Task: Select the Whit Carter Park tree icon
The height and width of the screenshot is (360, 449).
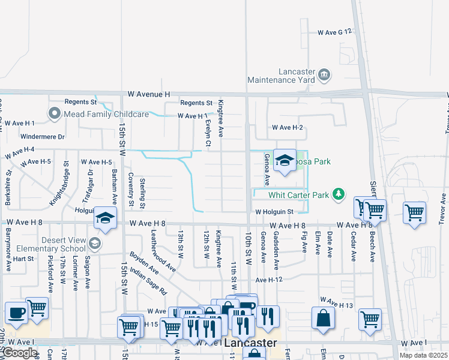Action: tap(339, 194)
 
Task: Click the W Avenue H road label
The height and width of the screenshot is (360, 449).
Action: tap(149, 95)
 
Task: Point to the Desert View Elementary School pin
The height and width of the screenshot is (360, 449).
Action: tap(94, 243)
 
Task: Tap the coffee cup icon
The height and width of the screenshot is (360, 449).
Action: tap(16, 313)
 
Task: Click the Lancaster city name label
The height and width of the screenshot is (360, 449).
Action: tap(251, 344)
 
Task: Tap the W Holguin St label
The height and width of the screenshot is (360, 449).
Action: tap(273, 212)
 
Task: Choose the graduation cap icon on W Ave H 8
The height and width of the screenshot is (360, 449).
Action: tap(104, 218)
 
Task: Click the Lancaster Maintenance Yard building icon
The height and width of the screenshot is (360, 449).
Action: tap(324, 74)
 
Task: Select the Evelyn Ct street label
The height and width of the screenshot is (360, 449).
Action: tap(208, 133)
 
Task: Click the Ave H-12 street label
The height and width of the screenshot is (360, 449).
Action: tap(268, 280)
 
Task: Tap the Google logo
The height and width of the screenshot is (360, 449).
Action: tap(19, 353)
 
